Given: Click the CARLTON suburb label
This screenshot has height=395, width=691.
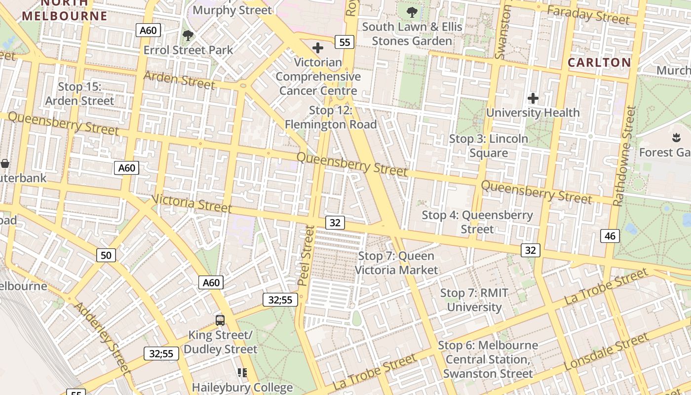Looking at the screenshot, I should point(599,63).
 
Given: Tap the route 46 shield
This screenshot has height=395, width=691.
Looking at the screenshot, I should point(610,236).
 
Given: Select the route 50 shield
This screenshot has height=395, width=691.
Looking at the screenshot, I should point(106,255).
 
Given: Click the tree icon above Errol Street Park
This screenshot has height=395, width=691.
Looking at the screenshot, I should point(188,35).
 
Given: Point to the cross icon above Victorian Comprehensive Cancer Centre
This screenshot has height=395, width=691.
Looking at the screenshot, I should point(318,48).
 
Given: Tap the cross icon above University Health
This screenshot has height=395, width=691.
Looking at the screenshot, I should point(533,98).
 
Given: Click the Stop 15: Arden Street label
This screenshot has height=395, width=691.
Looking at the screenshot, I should point(79,94).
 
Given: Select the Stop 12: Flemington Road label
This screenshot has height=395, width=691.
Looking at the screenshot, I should point(331,118).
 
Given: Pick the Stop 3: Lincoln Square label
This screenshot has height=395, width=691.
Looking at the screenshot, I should point(488,146).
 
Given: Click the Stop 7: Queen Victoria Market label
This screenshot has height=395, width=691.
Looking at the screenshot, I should point(396,263).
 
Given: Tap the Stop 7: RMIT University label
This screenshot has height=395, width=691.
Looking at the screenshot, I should point(474,300).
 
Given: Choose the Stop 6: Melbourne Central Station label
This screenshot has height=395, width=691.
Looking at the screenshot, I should point(488,359).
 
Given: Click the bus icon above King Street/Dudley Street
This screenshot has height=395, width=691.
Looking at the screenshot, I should point(220,320).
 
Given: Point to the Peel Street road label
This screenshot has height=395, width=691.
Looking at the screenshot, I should point(306,255).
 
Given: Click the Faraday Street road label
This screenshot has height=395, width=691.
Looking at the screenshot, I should point(588,15).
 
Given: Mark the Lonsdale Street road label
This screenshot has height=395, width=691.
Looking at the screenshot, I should point(606,352).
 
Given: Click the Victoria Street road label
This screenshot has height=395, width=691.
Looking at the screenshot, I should point(192,203).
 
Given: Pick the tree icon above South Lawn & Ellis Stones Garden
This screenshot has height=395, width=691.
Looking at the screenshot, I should point(412,12).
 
